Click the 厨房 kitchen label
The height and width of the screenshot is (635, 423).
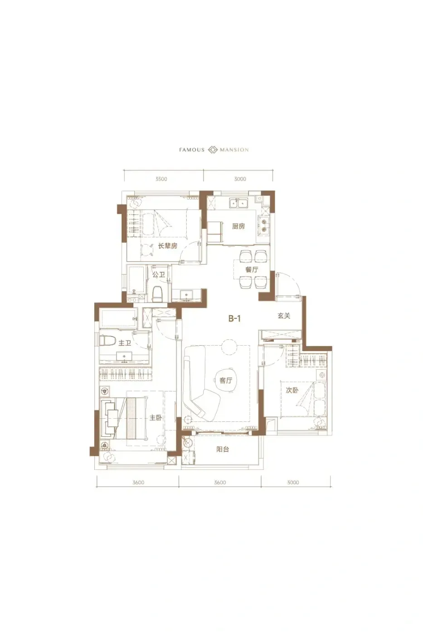pos(238,226)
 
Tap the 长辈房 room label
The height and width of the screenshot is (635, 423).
pos(167,246)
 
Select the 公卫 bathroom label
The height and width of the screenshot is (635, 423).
pos(158,274)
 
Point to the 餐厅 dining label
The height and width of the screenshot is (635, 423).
pos(252,269)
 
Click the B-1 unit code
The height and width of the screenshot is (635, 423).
pos(234,318)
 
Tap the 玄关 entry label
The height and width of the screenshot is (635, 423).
pos(284,316)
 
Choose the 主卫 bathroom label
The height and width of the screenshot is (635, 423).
pos(125,343)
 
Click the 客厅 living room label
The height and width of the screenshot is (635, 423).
pos(226,381)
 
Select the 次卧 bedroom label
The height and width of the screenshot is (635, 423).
pos(292,390)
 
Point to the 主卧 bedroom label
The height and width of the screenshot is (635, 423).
pos(156,418)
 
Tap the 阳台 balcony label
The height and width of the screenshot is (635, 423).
pos(223,449)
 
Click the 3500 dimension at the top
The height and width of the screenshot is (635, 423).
pos(161,179)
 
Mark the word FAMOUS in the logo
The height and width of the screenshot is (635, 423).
pos(191,150)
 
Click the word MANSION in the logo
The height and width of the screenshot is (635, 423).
pos(234,150)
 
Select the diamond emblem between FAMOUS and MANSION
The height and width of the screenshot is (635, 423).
pos(213,150)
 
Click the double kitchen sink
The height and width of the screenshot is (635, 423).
pos(239,203)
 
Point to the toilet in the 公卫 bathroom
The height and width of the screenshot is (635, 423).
pos(157,294)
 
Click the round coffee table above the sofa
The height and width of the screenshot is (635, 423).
pos(229,347)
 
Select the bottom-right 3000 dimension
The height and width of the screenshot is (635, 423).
pos(293,483)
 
